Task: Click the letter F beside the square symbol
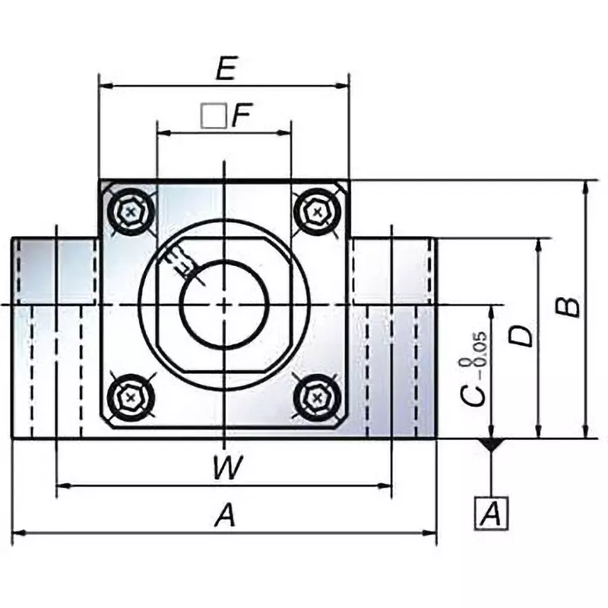coord(241,116)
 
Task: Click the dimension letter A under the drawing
coord(224,517)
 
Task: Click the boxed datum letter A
coord(491,515)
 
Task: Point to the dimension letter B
coord(568,306)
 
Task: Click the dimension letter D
coord(522,336)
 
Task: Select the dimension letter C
coord(476,394)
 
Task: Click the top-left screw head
coord(131,211)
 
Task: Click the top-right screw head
coord(316,211)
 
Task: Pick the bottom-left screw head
coord(131,396)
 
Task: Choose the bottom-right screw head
coord(316,396)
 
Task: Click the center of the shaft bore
coord(224,305)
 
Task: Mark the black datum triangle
coord(492,445)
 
